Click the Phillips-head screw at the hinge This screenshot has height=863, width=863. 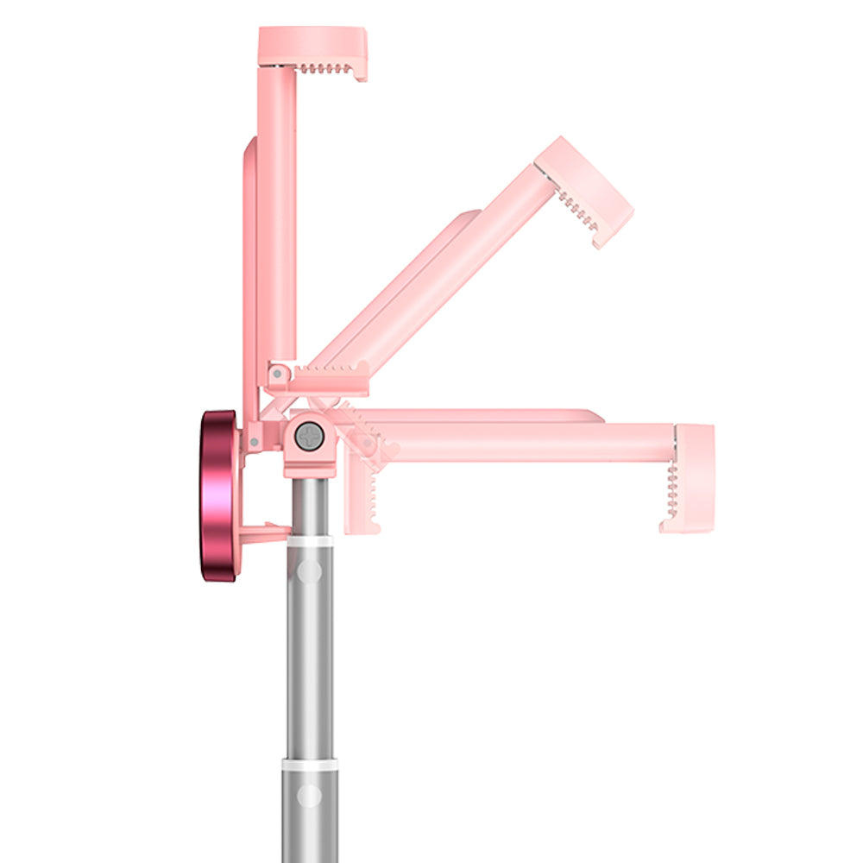pyautogui.click(x=308, y=436)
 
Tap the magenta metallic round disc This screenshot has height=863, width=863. pyautogui.click(x=220, y=496)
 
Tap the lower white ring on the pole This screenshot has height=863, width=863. pyautogui.click(x=308, y=765)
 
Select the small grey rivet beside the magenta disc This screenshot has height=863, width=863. pyautogui.click(x=254, y=443)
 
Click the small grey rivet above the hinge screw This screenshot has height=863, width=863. pyautogui.click(x=275, y=374)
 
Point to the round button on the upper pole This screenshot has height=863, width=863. pyautogui.click(x=308, y=570)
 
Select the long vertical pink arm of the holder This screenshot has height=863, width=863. pyautogui.click(x=276, y=216)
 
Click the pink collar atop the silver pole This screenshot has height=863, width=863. pyautogui.click(x=308, y=467)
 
